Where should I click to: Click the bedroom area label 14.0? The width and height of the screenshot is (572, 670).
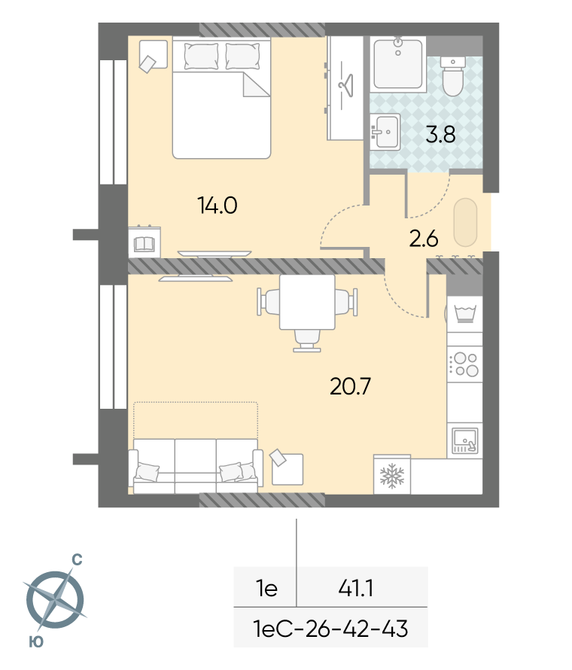click(217, 206)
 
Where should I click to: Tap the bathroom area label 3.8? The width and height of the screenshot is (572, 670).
click(440, 135)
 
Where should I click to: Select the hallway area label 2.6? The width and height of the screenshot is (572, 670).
click(423, 239)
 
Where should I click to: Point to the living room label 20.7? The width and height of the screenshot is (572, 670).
click(350, 386)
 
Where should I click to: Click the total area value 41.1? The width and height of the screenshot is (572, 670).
click(356, 588)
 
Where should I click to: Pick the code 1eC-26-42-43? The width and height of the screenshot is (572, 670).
click(330, 629)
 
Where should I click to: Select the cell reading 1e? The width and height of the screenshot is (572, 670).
click(266, 589)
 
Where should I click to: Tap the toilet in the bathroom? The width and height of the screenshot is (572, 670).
click(452, 77)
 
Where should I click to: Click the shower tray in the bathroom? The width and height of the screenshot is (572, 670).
click(398, 64)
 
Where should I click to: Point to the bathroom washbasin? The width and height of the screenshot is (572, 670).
click(385, 132)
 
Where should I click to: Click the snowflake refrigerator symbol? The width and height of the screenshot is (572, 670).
click(391, 475)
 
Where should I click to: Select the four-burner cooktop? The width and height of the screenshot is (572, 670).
click(465, 364)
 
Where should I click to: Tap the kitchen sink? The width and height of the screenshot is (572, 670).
click(465, 440)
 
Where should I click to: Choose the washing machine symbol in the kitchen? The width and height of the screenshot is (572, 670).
click(465, 314)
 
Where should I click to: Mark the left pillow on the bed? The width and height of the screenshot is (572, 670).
click(201, 56)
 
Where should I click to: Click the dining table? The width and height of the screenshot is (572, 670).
click(307, 302)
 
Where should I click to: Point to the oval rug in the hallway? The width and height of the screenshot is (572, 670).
click(465, 222)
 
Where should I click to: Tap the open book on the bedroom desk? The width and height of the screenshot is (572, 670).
click(144, 244)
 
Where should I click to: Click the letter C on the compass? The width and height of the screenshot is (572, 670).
click(77, 560)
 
